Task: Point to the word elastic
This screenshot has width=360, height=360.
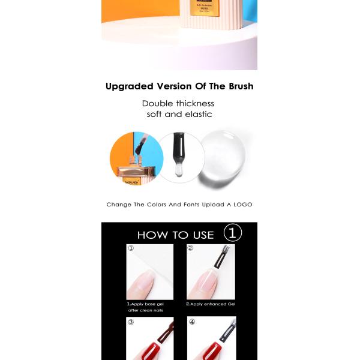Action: click(197, 114)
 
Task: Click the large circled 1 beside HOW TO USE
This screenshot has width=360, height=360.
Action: click(233, 233)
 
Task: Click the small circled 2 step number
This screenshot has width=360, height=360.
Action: click(191, 248)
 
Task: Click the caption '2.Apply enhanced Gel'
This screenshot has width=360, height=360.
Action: click(210, 304)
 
